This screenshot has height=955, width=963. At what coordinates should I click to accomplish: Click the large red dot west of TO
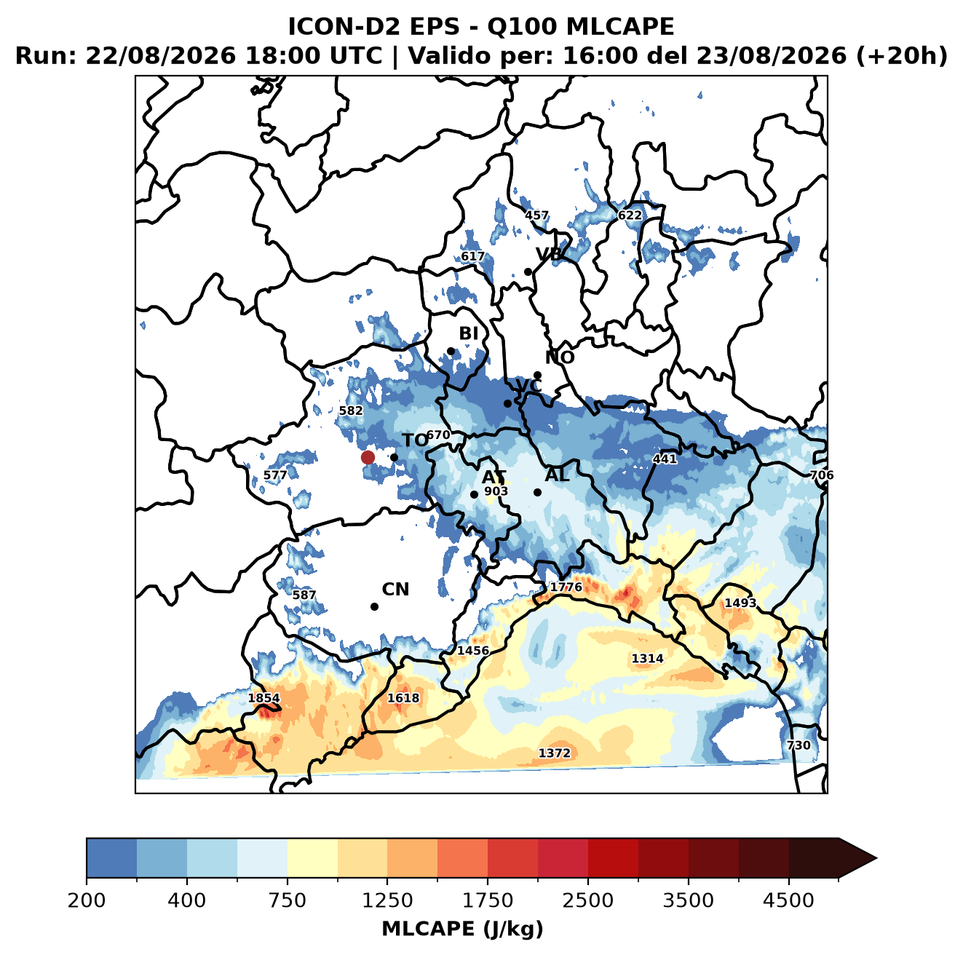[x=368, y=457]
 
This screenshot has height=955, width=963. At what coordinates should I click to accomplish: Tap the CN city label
[x=395, y=590]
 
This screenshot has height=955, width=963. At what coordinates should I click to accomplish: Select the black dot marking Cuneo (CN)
[x=374, y=606]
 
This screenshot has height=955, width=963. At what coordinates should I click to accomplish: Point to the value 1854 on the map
[x=264, y=698]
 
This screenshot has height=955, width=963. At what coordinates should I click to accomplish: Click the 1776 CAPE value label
[x=566, y=587]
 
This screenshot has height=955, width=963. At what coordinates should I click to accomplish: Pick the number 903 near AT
[x=496, y=491]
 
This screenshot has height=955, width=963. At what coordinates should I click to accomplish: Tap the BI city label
[x=468, y=333]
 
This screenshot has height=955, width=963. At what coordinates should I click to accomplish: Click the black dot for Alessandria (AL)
[x=537, y=492]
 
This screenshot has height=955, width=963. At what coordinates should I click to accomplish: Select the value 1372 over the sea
[x=554, y=753]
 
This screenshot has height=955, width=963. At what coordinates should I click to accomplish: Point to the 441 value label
[x=665, y=459]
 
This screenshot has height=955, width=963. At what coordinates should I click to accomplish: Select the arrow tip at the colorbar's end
[x=876, y=858]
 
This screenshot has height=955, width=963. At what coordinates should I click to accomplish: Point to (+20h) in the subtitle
[x=902, y=56]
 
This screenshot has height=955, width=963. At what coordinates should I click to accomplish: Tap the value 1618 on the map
[x=403, y=697]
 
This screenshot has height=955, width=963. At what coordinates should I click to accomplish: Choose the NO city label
[x=559, y=357]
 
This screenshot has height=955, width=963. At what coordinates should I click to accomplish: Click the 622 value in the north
[x=630, y=215]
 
